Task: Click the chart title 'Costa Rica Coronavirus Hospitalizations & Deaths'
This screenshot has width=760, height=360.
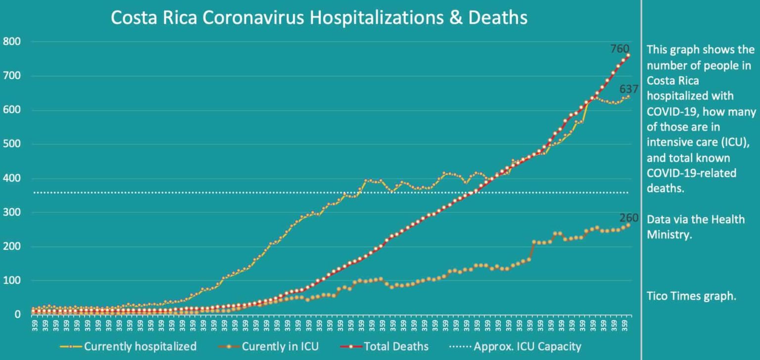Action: coord(319,18)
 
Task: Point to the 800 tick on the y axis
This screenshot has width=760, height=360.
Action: coord(11,42)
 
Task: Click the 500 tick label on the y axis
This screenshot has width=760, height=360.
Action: coord(11,144)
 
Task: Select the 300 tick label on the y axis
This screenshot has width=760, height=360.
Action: coord(11,213)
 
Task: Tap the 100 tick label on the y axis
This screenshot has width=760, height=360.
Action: coord(11,281)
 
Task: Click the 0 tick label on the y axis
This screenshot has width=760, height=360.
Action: coord(17,315)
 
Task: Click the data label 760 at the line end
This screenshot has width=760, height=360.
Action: coord(619,48)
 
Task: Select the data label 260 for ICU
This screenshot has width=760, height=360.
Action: coord(629,218)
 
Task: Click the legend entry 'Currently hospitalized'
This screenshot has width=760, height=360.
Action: coord(140,346)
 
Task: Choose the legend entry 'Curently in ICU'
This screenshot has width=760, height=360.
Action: coord(280,346)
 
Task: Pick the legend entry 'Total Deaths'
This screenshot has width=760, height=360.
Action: coord(396,346)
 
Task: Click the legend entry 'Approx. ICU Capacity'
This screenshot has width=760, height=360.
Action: coord(527,346)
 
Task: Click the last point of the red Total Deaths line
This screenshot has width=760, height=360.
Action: coord(628,55)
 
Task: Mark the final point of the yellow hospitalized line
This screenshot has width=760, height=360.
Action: coord(628,97)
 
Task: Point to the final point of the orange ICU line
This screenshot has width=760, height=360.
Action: coord(628,225)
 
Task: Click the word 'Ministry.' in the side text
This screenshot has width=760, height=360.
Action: coord(669,234)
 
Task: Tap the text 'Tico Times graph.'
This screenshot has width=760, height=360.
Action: coord(691,296)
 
